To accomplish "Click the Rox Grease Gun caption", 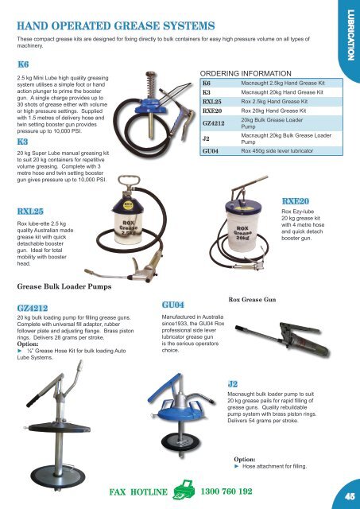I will point(253,300).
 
